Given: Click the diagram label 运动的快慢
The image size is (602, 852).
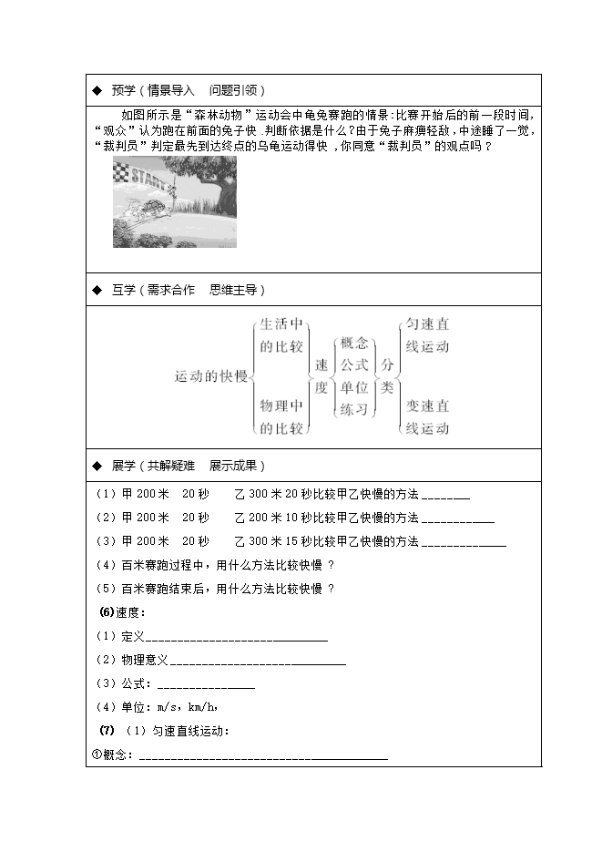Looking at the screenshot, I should pyautogui.click(x=211, y=375).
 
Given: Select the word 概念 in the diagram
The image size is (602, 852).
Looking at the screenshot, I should pyautogui.click(x=353, y=344).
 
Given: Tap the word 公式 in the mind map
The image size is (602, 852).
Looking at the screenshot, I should pyautogui.click(x=353, y=364).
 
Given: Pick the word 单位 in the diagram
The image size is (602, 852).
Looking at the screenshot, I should pyautogui.click(x=353, y=386).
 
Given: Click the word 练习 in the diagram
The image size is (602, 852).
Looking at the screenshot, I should pyautogui.click(x=353, y=409).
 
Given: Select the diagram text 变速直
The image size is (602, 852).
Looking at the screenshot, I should pyautogui.click(x=426, y=405).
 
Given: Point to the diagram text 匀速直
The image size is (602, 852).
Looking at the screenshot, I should pyautogui.click(x=426, y=324).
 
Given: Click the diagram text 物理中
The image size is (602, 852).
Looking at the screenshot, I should pyautogui.click(x=281, y=405).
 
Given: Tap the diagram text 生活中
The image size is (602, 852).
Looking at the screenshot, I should pyautogui.click(x=281, y=324).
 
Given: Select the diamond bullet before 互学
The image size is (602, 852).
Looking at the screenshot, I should pyautogui.click(x=97, y=290).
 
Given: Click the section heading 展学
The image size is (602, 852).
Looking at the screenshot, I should pyautogui.click(x=123, y=466).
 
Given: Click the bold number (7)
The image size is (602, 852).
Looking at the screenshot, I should pyautogui.click(x=105, y=731).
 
